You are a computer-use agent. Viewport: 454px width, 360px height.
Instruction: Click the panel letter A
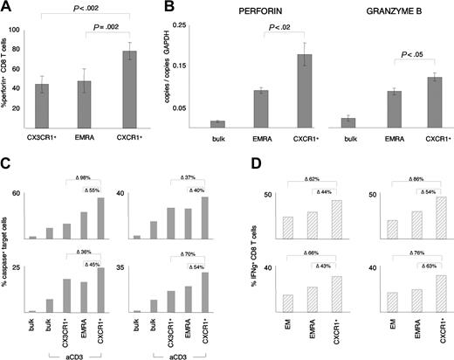pos(7,10)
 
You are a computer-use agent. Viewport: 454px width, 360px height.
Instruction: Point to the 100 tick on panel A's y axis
pos(24,31)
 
